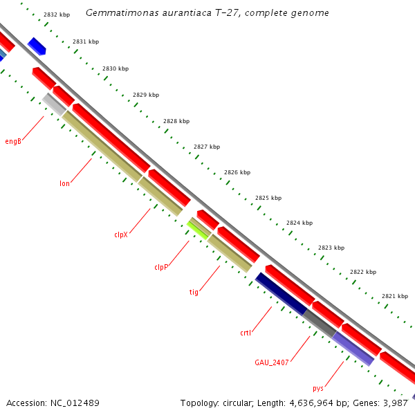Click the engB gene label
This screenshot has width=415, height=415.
pos(13,141)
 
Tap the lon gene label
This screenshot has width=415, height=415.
pos(64,183)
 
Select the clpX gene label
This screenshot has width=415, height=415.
pos(121,234)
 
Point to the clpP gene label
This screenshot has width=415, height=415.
pos(161,267)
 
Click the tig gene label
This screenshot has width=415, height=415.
pos(194,292)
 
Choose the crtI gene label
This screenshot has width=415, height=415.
pos(246,333)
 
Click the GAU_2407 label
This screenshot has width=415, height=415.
pos(271,362)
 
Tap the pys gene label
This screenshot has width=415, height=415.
pos(318,388)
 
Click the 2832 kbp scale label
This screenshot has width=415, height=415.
pos(56,14)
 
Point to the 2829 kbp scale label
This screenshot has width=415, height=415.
pos(146,95)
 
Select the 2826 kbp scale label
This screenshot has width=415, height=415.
pos(237,172)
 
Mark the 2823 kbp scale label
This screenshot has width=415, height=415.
pos(331,247)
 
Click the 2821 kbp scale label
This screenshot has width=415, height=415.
pos(394,296)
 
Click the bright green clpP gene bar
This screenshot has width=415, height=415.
pos(199,229)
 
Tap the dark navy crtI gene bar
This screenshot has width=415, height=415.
pos(281,293)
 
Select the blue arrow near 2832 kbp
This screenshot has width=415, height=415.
pos(37,46)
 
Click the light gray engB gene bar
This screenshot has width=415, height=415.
pos(54,104)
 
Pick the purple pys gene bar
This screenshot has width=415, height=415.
pos(353,348)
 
